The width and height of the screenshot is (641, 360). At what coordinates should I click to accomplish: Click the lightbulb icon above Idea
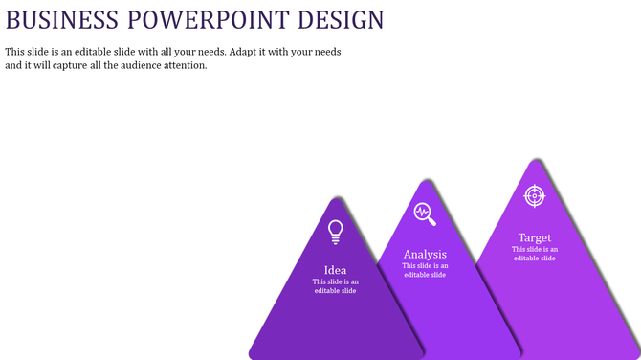click(x=335, y=232)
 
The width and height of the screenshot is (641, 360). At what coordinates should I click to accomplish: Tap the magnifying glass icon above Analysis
click(x=425, y=214)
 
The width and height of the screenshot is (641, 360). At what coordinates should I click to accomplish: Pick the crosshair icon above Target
click(x=534, y=195)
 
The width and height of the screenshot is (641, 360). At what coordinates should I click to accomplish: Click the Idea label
click(x=335, y=270)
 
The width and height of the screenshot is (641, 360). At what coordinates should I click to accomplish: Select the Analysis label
click(x=425, y=255)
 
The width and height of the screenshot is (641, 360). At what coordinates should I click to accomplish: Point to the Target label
click(x=534, y=237)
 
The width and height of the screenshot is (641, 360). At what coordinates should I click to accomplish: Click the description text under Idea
click(x=335, y=286)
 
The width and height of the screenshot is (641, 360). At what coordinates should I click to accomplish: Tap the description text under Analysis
click(x=425, y=270)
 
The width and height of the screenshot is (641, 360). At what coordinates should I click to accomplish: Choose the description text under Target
click(x=534, y=254)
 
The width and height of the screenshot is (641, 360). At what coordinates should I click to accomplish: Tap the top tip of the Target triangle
click(x=533, y=160)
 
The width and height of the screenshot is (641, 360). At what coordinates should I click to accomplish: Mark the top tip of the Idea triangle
click(x=335, y=198)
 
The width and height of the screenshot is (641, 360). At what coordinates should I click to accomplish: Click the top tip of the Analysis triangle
click(x=424, y=180)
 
